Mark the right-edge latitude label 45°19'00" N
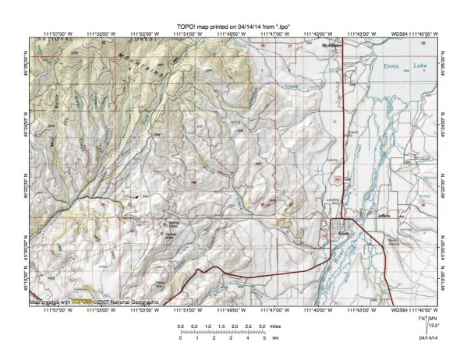tap(441, 277)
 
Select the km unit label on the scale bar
tap(274, 339)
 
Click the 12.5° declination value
tap(435, 326)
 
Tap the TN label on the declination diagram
tap(421, 318)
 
